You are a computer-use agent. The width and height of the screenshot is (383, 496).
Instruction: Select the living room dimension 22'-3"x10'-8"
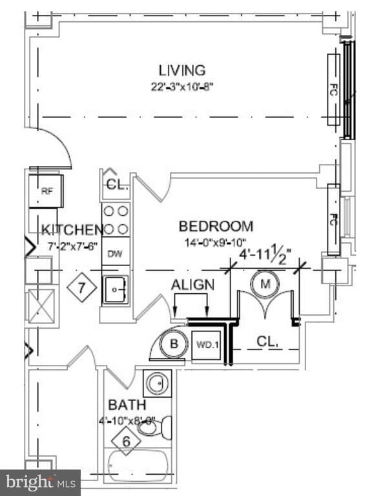pyautogui.click(x=181, y=87)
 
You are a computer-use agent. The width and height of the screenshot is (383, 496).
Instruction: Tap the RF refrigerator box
pyautogui.click(x=46, y=191)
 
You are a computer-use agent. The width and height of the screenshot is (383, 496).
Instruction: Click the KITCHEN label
pyautogui.click(x=72, y=229)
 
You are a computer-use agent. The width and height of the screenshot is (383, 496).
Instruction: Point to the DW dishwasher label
pyautogui.click(x=115, y=254)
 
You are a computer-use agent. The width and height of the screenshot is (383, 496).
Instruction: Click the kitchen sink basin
pyautogui.click(x=116, y=290)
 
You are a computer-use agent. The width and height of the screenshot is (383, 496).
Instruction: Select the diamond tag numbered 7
pyautogui.click(x=82, y=287)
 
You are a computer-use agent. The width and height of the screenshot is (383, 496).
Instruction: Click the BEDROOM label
pyautogui.click(x=216, y=227)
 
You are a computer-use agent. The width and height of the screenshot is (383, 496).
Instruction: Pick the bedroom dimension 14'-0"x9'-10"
pyautogui.click(x=216, y=243)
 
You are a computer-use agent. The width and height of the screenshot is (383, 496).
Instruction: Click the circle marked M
pyautogui.click(x=265, y=283)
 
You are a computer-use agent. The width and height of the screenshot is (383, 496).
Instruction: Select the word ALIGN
pyautogui.click(x=192, y=285)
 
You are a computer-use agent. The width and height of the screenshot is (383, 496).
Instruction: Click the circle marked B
pyautogui.click(x=173, y=344)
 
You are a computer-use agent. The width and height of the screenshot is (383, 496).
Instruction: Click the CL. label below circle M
pyautogui.click(x=267, y=340)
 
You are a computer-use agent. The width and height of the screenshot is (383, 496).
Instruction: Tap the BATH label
pyautogui.click(x=127, y=405)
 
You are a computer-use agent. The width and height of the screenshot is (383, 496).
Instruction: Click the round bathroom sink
pyautogui.click(x=157, y=384)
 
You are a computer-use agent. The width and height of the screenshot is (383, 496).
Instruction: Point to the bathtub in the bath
pyautogui.click(x=138, y=464)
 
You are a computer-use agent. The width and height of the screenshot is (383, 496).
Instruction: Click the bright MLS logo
pyautogui.click(x=39, y=482)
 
